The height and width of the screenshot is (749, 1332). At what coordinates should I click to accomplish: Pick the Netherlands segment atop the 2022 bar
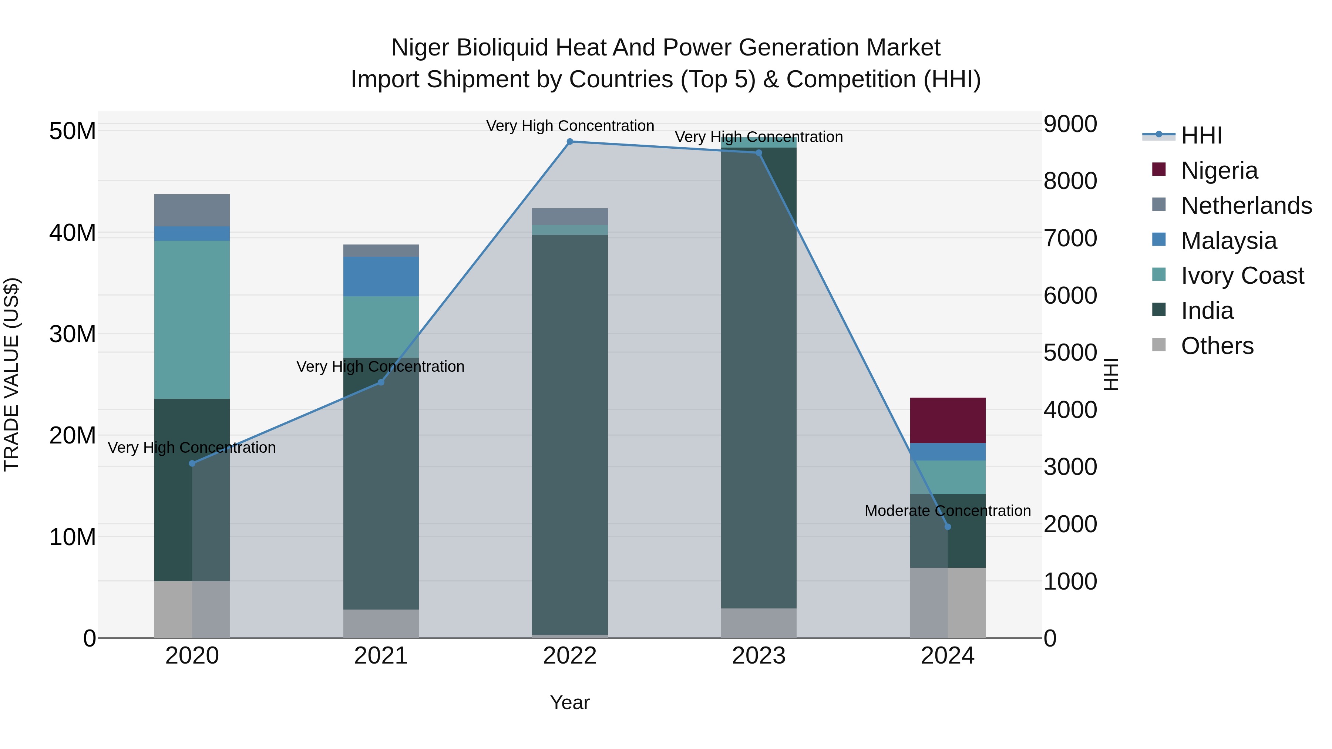click(570, 216)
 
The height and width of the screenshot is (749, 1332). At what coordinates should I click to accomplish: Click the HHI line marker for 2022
click(570, 141)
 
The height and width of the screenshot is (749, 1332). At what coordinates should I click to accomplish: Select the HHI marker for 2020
click(192, 463)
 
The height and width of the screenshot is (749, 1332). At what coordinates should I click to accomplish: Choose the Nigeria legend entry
click(1219, 171)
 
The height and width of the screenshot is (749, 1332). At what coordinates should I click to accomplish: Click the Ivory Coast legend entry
click(1242, 276)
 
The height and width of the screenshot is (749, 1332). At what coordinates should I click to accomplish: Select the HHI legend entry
click(1201, 135)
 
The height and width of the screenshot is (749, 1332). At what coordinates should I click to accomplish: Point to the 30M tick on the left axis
click(73, 334)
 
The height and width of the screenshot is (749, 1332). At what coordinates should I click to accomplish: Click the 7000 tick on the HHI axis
click(1070, 238)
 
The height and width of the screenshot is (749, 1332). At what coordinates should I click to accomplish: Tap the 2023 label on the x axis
click(758, 656)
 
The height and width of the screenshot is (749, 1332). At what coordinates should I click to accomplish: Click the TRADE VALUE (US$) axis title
click(11, 374)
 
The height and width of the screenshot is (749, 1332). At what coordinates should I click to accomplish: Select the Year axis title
click(570, 702)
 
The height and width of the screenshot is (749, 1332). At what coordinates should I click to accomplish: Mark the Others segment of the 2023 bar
click(758, 623)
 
